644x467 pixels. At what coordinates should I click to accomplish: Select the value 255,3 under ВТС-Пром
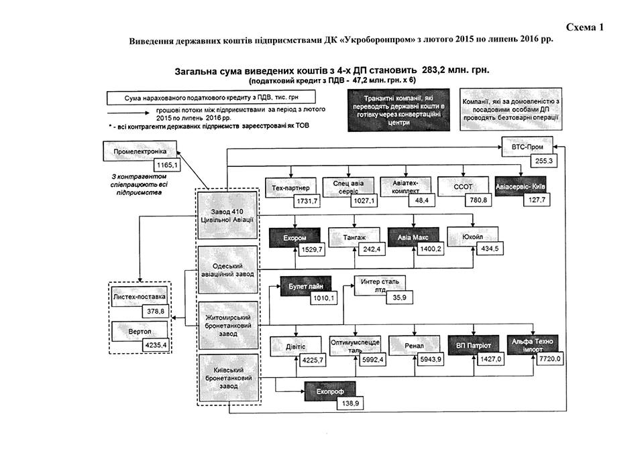click(543, 161)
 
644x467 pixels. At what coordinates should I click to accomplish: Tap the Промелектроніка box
click(139, 151)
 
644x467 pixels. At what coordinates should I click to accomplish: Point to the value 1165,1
click(166, 164)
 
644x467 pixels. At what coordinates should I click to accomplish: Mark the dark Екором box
click(292, 237)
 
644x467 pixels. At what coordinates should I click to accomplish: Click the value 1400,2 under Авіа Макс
click(427, 250)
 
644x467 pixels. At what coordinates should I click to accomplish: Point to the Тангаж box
click(355, 237)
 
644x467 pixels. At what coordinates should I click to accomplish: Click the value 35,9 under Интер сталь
click(399, 297)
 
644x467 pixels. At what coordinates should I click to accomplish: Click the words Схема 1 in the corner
click(585, 27)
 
